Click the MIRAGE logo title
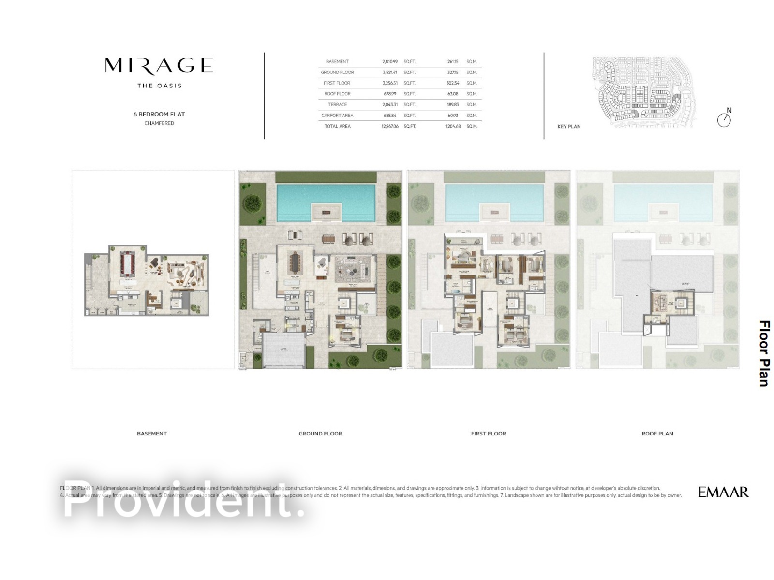tap(159, 65)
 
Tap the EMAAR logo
tap(723, 492)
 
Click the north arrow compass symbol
tap(724, 119)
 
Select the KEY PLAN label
tap(569, 127)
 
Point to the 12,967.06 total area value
tap(390, 126)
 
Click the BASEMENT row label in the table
tap(337, 62)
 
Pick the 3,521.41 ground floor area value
tap(390, 72)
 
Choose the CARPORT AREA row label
tap(337, 116)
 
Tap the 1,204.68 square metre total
tap(453, 126)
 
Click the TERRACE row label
tap(337, 105)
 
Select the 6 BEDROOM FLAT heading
tap(159, 114)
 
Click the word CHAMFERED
tap(159, 123)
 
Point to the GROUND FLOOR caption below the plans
tap(320, 434)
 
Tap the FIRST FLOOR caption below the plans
tap(489, 434)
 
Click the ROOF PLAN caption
tap(657, 434)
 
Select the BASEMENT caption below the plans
tap(152, 434)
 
